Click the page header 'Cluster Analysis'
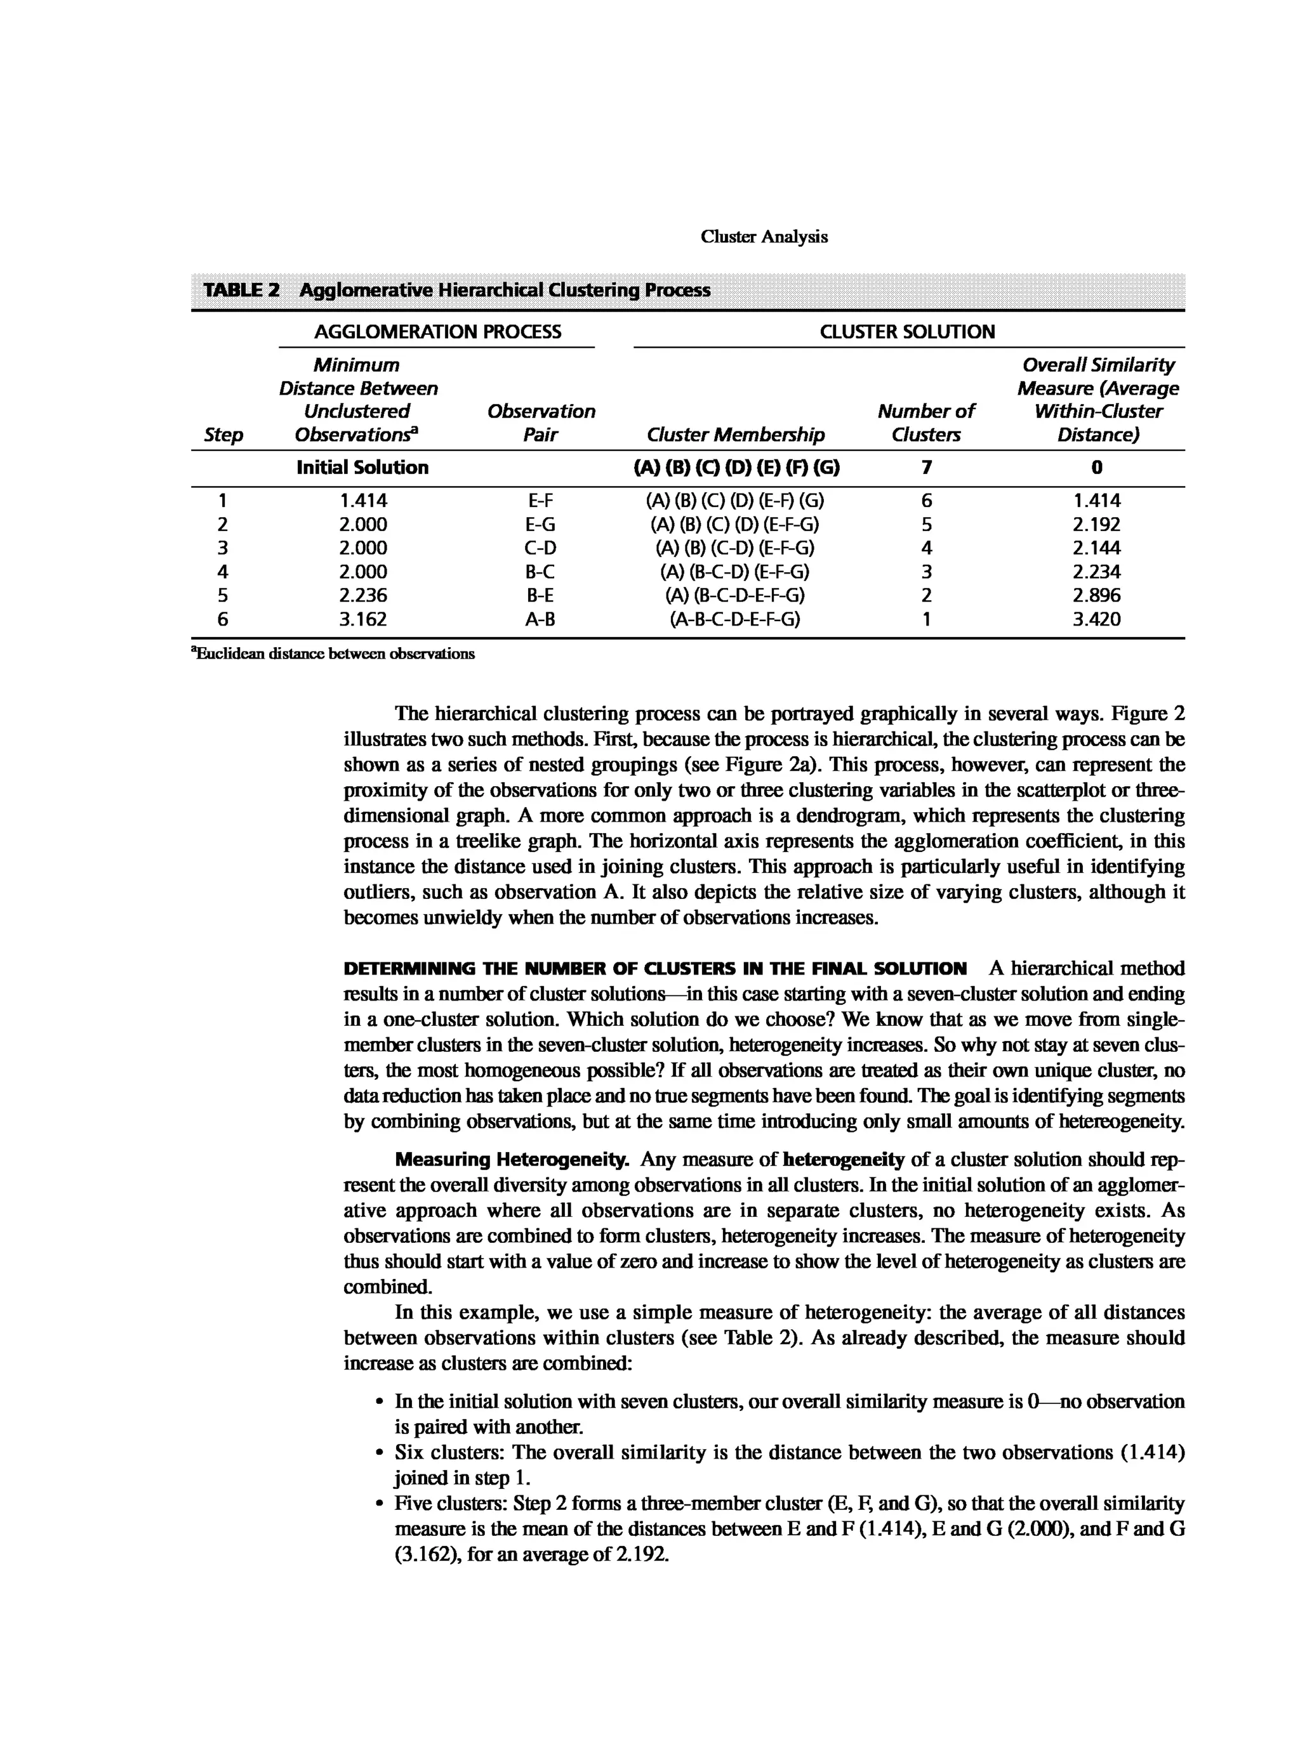[x=764, y=237]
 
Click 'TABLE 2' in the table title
[x=241, y=290]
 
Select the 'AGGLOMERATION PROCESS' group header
[x=437, y=332]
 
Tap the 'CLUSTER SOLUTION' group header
[x=906, y=332]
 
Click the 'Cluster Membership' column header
[x=735, y=435]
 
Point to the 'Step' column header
[x=223, y=435]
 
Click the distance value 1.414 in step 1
[x=363, y=501]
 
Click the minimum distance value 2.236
[x=363, y=596]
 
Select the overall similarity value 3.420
[x=1096, y=620]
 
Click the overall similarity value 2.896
[x=1096, y=596]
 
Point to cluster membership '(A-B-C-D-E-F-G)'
[x=735, y=620]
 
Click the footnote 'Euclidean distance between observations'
[x=334, y=653]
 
